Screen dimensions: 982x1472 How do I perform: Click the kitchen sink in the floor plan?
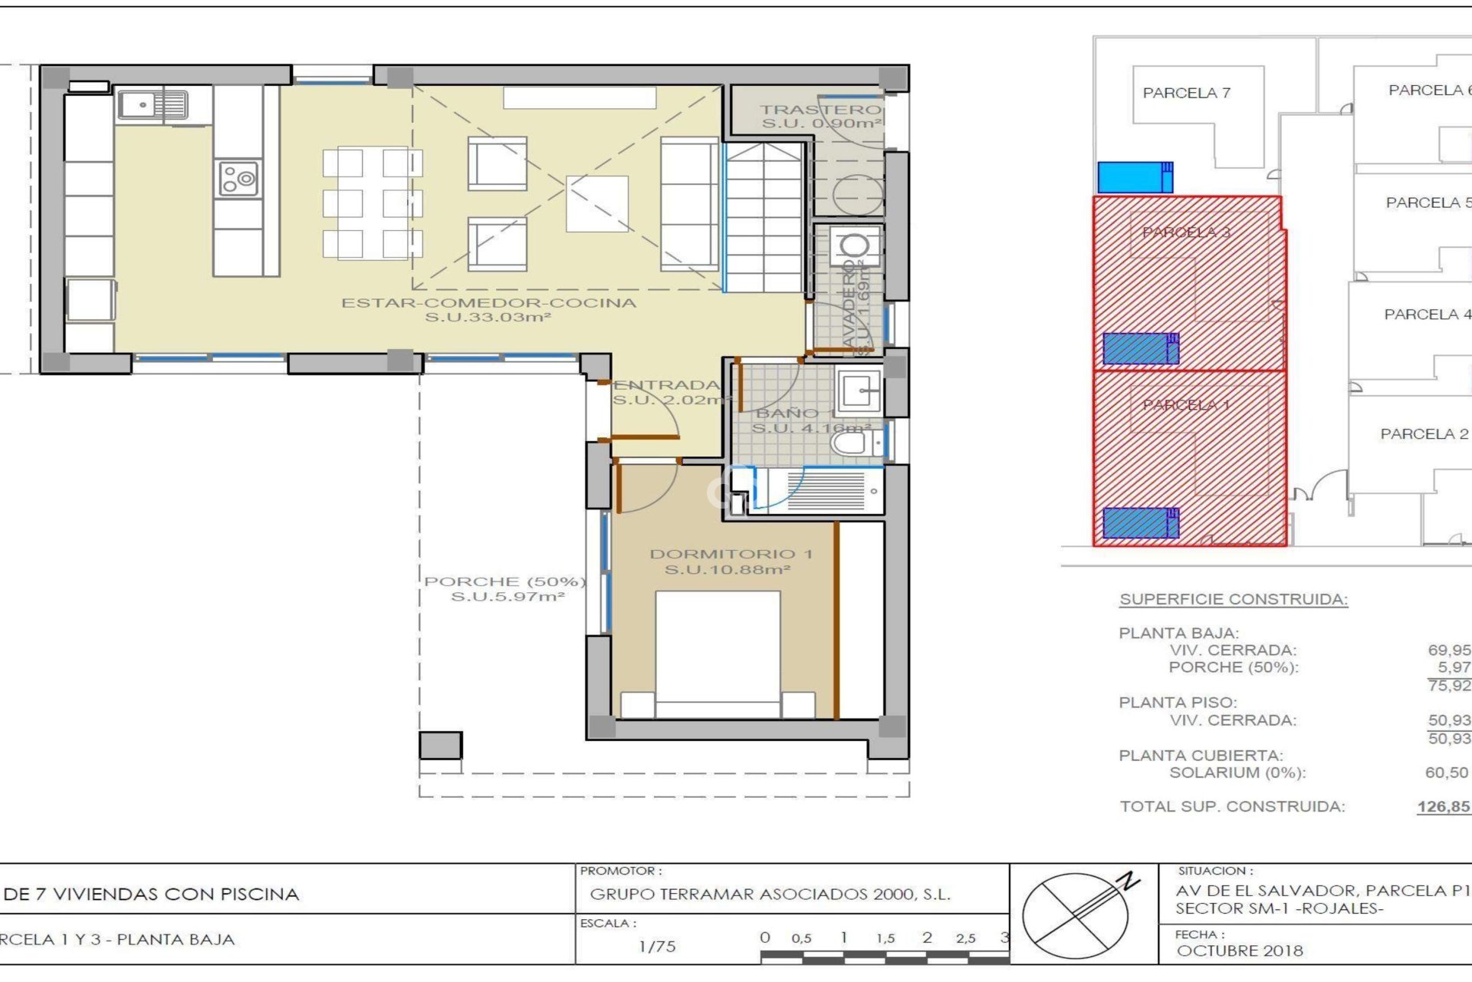[152, 105]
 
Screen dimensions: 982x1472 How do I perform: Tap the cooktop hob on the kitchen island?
[238, 179]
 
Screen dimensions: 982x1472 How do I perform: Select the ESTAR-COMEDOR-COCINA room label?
[488, 309]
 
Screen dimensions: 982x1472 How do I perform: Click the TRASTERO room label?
[820, 116]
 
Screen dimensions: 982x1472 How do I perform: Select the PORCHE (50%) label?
[505, 588]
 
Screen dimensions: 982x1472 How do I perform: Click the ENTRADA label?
[667, 391]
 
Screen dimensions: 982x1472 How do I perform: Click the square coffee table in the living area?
[596, 203]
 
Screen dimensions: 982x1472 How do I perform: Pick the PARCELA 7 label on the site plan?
[1186, 93]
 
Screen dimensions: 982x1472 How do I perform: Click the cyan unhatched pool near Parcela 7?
[1134, 177]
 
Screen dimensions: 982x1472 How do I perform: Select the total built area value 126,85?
[1443, 806]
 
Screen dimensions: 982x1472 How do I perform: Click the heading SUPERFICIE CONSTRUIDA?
[1233, 599]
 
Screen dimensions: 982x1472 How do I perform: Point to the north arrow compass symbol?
[1076, 914]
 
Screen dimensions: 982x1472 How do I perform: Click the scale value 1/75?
[657, 946]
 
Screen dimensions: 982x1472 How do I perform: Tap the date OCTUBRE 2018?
[1239, 951]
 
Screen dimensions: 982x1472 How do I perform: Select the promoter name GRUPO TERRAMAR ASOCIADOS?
[770, 894]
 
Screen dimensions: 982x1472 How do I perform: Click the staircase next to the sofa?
[764, 219]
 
